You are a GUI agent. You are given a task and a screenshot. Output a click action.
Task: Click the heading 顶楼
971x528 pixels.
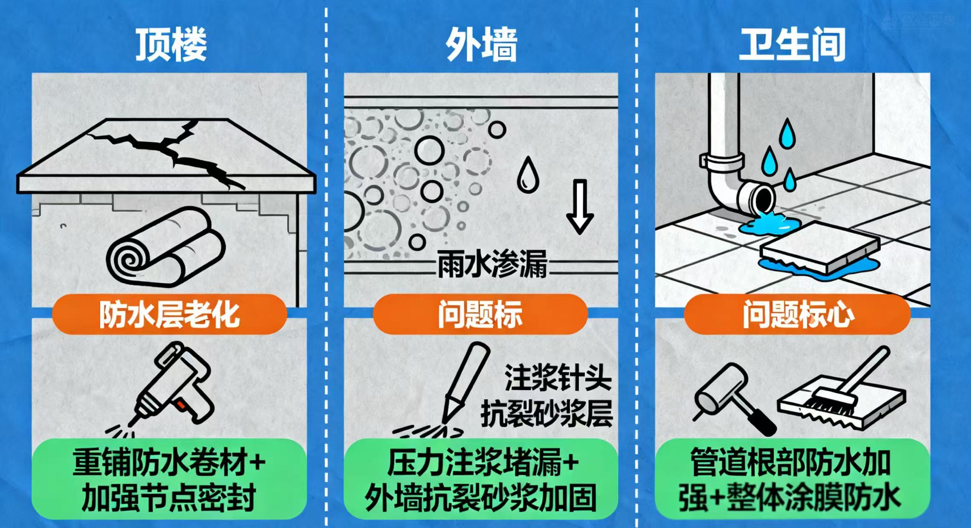click(171, 44)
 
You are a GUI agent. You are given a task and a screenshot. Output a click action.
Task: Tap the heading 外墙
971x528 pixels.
click(481, 44)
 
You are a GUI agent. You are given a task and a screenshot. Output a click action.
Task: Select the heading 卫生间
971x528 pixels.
click(792, 44)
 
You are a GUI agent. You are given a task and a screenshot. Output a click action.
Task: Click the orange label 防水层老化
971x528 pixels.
click(169, 315)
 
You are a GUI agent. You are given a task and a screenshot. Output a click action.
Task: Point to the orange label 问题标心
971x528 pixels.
click(797, 315)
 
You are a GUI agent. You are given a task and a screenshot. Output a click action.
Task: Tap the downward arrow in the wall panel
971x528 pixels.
click(580, 207)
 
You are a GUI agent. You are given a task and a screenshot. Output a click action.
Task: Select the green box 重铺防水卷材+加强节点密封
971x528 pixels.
click(169, 478)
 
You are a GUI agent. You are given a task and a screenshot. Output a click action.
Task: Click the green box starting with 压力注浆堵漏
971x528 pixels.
click(481, 478)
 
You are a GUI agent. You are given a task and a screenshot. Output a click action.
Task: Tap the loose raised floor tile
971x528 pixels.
click(820, 247)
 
